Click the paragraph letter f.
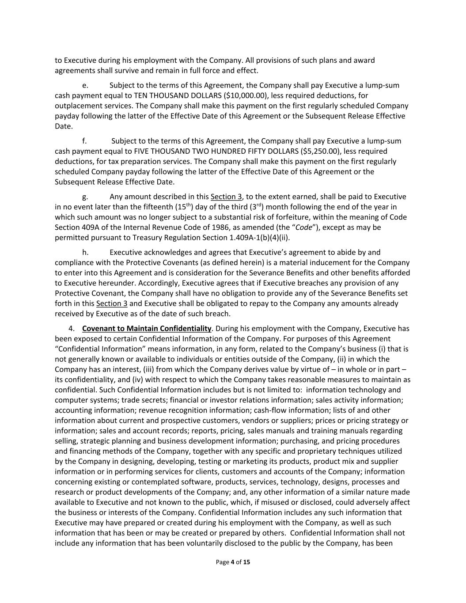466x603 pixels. point(84,141)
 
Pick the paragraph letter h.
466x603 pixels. point(85,253)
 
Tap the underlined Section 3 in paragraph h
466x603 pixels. point(111,304)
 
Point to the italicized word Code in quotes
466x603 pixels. point(303,228)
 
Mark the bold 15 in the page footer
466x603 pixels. point(246,562)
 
